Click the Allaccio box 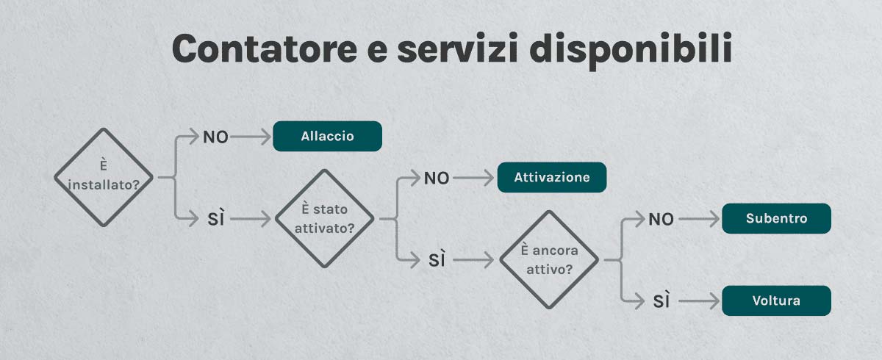tap(327, 137)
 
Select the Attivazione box tap(551, 178)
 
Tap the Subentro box tap(776, 219)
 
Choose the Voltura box tap(776, 300)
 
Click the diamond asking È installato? tap(108, 177)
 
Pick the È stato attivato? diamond tap(324, 218)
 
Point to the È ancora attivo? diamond tap(549, 259)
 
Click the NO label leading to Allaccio tap(215, 137)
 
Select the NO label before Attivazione tap(437, 178)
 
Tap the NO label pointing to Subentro tap(661, 219)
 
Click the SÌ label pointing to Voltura tap(661, 301)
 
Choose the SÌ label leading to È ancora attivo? tap(437, 259)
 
